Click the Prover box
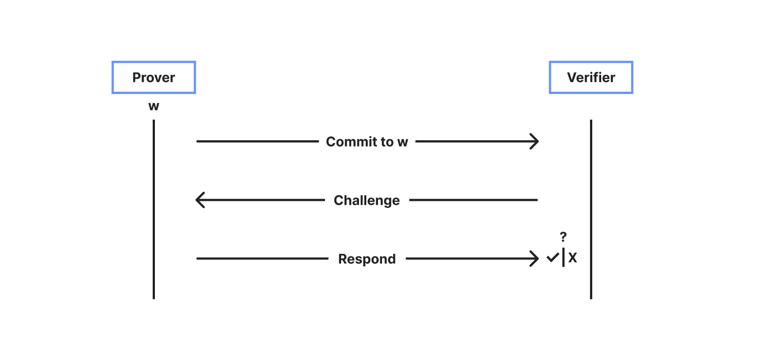point(154,77)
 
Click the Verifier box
point(591,77)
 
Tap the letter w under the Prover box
point(154,106)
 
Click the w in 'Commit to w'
point(403,142)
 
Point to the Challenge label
point(366,201)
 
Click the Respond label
point(367,259)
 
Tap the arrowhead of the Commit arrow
point(535,142)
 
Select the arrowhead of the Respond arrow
point(535,259)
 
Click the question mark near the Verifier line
point(563,237)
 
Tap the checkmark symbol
point(553,258)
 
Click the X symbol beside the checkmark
point(573,258)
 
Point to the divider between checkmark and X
point(563,257)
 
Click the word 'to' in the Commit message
point(387,142)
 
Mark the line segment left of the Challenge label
point(263,200)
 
